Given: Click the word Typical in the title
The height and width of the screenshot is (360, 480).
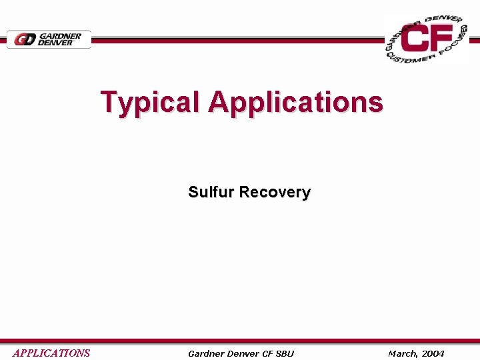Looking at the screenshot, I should (150, 103).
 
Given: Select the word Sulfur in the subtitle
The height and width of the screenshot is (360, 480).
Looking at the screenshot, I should (211, 192).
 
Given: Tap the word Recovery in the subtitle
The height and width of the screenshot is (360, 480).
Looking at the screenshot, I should (275, 192).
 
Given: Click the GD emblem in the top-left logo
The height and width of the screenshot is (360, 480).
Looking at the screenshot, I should (26, 40).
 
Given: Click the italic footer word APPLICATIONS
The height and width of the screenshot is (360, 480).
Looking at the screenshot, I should (51, 353).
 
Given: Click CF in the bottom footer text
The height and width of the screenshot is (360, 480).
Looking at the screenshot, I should (268, 353).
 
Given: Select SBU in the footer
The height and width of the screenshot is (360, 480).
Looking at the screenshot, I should (285, 353).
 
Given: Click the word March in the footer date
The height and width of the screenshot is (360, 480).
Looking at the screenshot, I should (403, 353).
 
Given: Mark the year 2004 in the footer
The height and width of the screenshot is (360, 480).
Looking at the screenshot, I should (433, 353).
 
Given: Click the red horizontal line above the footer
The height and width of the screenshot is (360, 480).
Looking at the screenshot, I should (240, 341).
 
